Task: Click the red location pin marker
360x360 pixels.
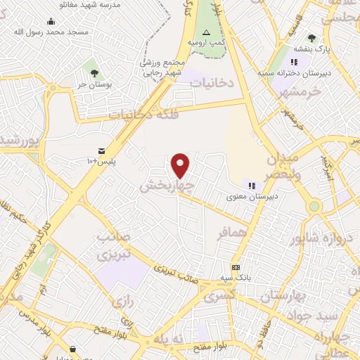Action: pyautogui.click(x=181, y=165)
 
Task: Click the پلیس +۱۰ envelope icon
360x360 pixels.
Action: pyautogui.click(x=102, y=150)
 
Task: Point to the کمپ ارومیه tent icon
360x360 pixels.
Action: pyautogui.click(x=206, y=32)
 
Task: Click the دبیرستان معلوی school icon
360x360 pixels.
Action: pyautogui.click(x=251, y=186)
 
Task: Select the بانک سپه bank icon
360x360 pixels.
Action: pyautogui.click(x=236, y=267)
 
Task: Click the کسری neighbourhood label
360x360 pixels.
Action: pyautogui.click(x=221, y=297)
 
